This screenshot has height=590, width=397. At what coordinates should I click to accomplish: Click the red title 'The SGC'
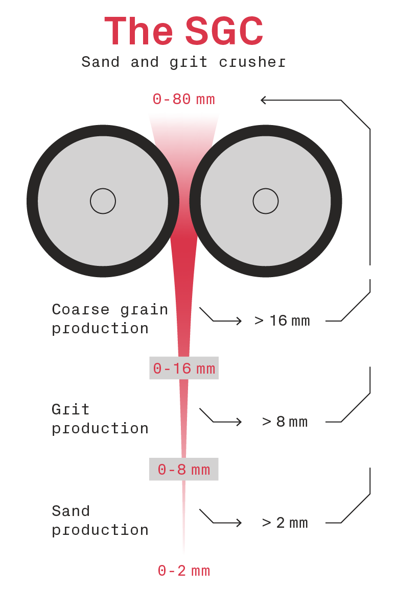click(183, 32)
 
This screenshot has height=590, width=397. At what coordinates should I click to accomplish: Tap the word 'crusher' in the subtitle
click(252, 62)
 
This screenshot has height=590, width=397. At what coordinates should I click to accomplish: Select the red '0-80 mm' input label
click(183, 99)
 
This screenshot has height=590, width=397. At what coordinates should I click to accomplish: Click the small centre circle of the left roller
click(103, 201)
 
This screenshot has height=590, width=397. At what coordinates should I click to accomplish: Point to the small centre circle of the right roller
click(265, 201)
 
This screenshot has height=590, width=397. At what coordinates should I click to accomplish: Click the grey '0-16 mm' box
click(184, 368)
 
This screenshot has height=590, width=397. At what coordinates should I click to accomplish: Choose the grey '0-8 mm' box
click(184, 469)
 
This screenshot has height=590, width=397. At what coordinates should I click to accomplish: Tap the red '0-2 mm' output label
click(183, 571)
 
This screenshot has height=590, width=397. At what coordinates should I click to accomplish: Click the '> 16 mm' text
click(282, 321)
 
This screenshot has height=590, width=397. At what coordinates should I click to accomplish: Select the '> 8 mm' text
click(285, 422)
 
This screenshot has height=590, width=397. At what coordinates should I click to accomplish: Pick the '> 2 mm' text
click(285, 523)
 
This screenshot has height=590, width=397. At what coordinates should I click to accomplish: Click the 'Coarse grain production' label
click(109, 319)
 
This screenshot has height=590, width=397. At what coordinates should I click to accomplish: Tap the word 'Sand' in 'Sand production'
click(71, 511)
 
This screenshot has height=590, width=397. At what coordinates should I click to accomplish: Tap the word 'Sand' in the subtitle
click(100, 62)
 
